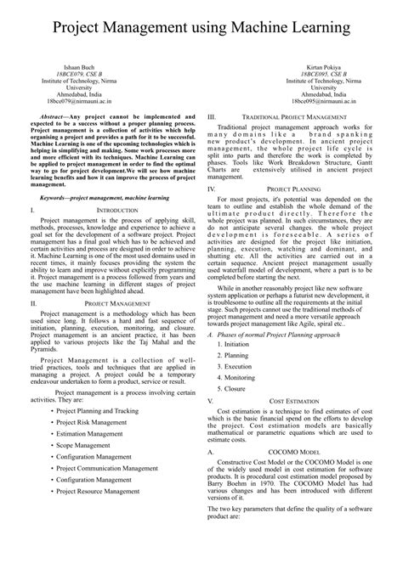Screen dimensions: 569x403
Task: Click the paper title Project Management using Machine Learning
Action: pyautogui.click(x=201, y=30)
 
